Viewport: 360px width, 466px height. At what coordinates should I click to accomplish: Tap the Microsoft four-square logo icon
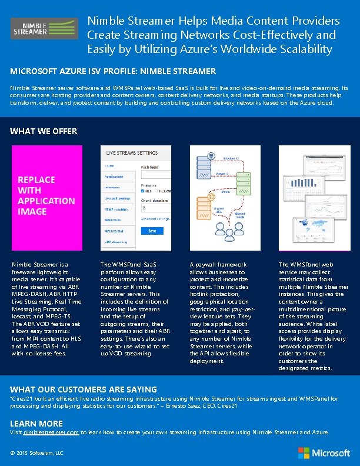304,452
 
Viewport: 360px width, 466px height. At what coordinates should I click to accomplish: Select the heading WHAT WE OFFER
44,131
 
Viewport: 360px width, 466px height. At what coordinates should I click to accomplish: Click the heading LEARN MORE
36,423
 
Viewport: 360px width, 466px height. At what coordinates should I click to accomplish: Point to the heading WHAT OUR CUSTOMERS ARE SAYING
84,389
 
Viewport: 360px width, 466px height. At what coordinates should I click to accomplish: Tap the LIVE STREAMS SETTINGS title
132,153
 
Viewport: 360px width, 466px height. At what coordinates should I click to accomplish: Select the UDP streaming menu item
116,242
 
